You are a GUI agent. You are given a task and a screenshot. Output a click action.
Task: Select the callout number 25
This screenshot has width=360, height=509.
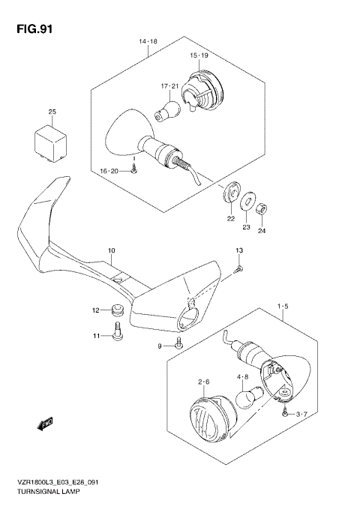coord(52,112)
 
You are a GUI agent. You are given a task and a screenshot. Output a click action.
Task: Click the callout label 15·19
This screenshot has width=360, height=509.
coord(198,55)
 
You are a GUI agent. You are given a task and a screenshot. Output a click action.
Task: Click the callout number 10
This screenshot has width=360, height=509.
coord(111,251)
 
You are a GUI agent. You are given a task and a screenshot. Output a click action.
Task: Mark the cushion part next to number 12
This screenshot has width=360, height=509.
coord(116,309)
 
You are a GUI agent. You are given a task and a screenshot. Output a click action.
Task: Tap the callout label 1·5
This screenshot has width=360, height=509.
coord(283,307)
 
